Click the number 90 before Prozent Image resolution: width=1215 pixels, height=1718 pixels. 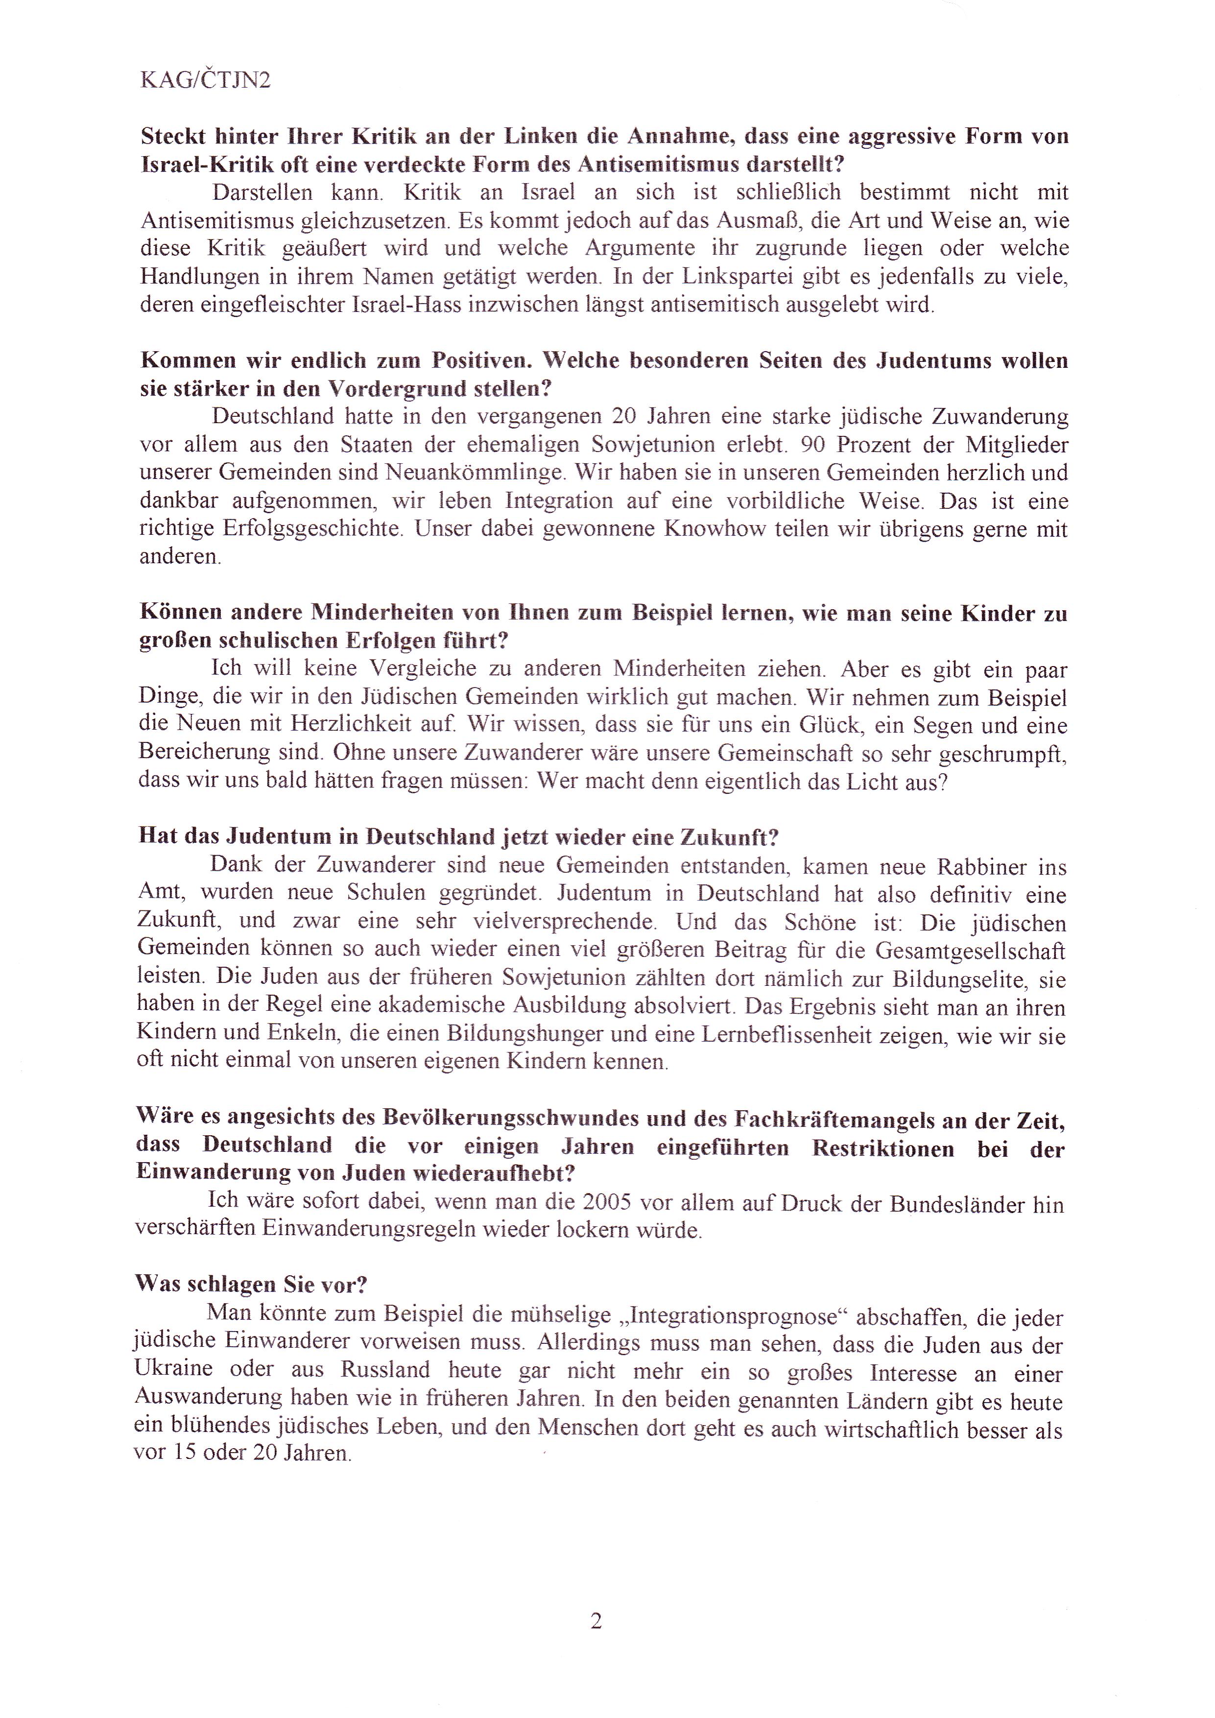point(812,445)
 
